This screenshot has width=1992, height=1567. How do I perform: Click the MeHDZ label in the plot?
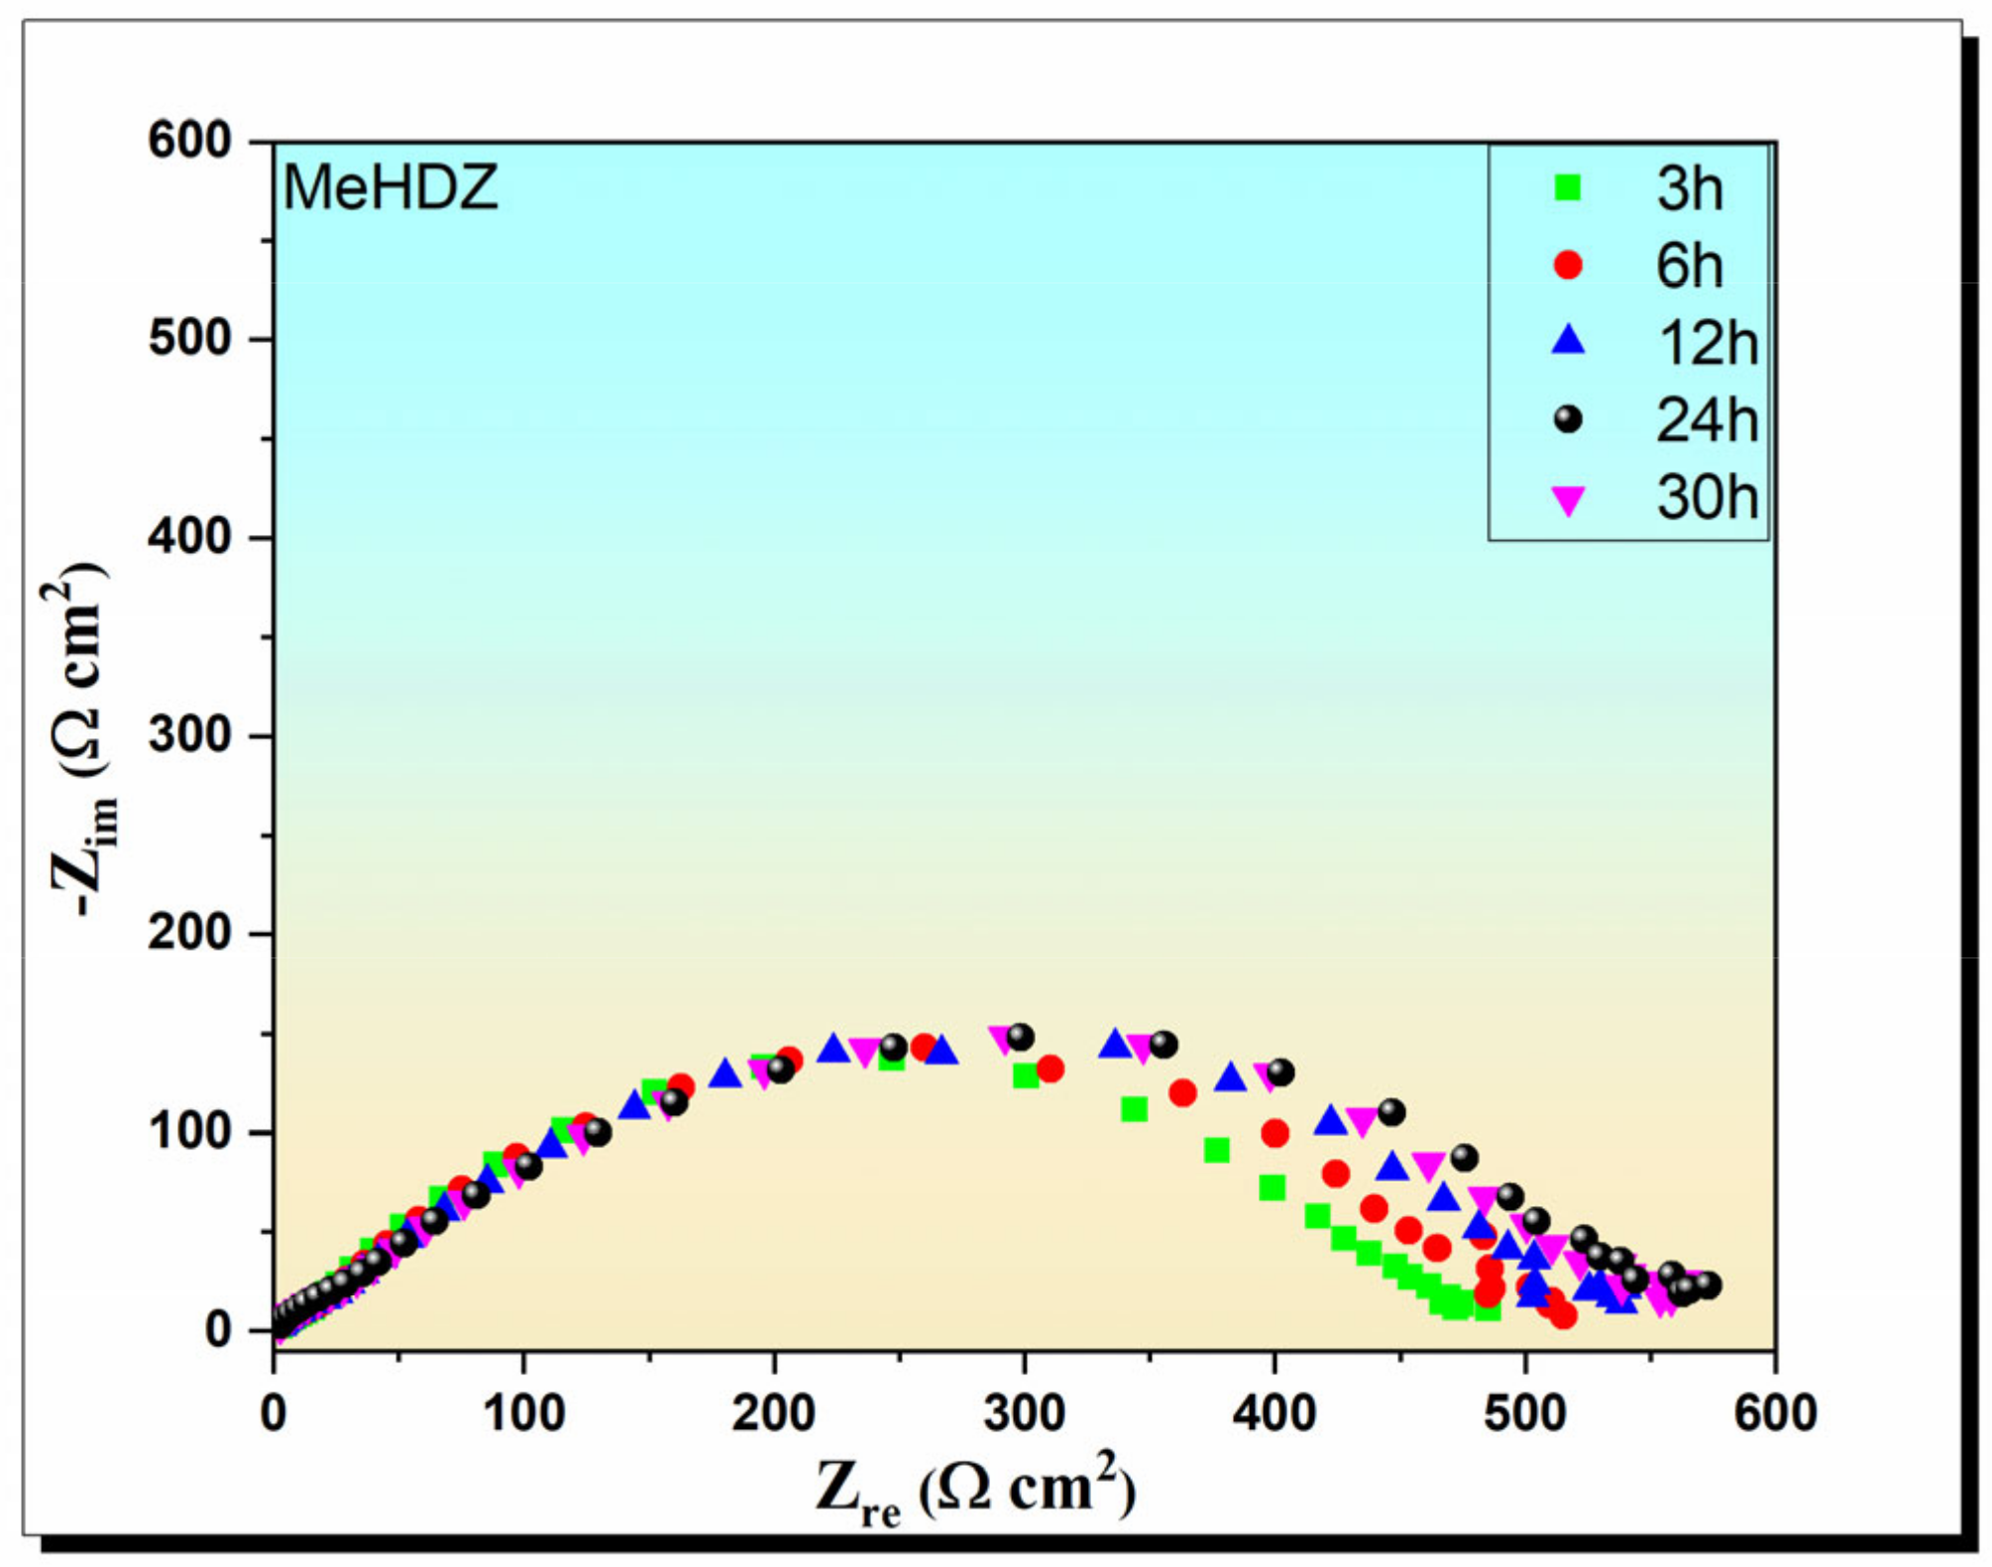tap(389, 187)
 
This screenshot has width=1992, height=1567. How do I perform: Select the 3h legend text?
tap(1689, 188)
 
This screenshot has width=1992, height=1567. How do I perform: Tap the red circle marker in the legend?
tap(1568, 265)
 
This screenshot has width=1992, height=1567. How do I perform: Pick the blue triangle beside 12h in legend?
tap(1568, 341)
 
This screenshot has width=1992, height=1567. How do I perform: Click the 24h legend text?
tap(1707, 420)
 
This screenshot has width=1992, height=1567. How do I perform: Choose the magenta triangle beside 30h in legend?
tap(1568, 501)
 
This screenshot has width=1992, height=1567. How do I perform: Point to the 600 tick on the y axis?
tap(189, 141)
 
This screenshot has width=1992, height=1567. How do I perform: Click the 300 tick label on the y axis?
tap(189, 735)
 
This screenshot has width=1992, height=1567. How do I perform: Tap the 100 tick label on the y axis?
tap(189, 1132)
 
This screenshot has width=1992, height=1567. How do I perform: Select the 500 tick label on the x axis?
tap(1525, 1413)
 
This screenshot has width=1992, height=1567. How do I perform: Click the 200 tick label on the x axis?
tap(773, 1413)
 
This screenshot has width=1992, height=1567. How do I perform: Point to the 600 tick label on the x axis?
tap(1774, 1413)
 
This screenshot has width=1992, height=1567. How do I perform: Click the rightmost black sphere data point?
tap(1708, 1286)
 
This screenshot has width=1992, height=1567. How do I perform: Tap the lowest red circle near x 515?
tap(1563, 1315)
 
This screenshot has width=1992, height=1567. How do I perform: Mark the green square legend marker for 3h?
tap(1568, 187)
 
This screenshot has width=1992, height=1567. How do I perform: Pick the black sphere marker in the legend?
tap(1568, 419)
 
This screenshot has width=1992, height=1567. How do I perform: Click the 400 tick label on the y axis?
tap(189, 537)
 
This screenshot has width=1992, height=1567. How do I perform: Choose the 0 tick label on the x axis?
tap(274, 1413)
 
